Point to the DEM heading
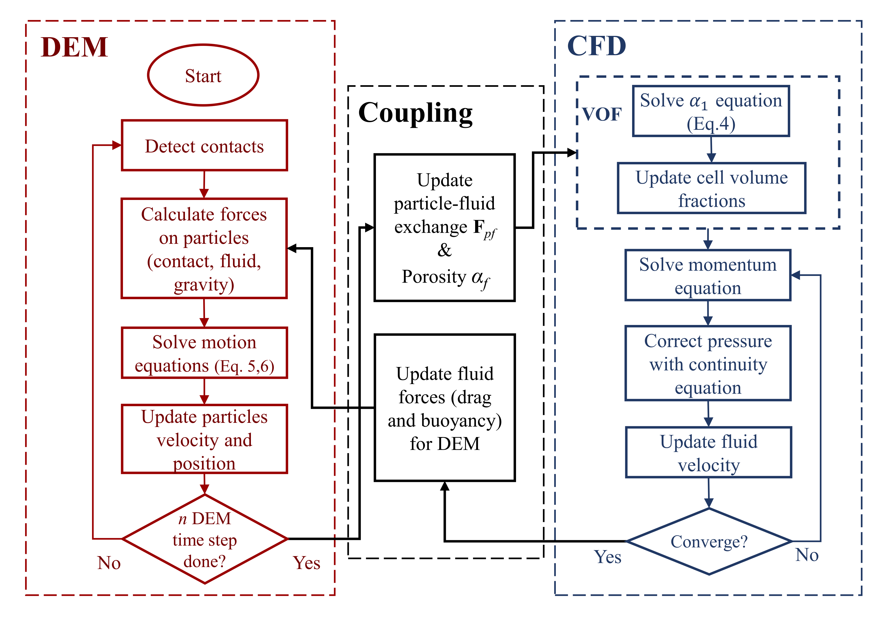pyautogui.click(x=74, y=47)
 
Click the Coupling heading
pyautogui.click(x=416, y=113)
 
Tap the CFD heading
pyautogui.click(x=596, y=46)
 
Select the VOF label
pyautogui.click(x=601, y=114)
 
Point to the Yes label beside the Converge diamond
pyautogui.click(x=608, y=557)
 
